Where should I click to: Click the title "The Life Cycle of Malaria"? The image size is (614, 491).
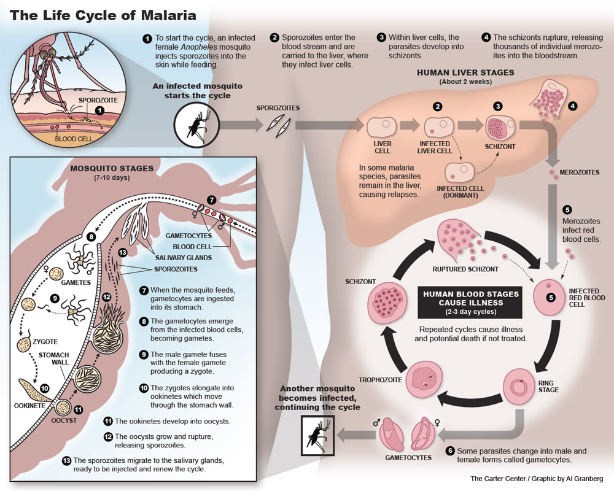pos(103,15)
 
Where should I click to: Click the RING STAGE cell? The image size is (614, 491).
pos(516,385)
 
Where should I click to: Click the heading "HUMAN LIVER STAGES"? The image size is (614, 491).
pos(465,72)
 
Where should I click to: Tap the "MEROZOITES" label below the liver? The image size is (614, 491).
pos(580,173)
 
